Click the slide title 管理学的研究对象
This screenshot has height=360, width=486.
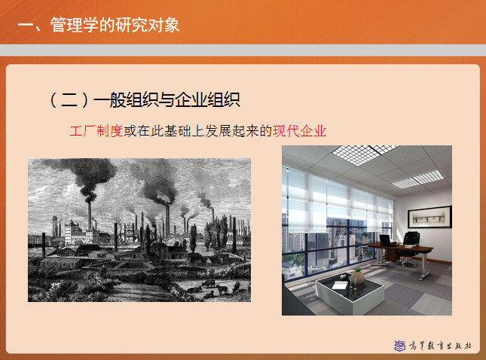tap(115, 25)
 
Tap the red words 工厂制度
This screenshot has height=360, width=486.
tap(96, 131)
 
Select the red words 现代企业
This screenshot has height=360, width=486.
tap(299, 131)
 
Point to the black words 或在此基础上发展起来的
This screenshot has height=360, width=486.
tap(197, 131)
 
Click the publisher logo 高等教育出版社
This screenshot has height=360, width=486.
tap(433, 346)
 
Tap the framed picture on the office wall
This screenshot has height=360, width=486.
tap(429, 217)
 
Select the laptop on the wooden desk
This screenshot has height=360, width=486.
tap(386, 240)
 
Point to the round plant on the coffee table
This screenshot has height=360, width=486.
tap(358, 276)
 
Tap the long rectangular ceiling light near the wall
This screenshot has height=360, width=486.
tap(418, 179)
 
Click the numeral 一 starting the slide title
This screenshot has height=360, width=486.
tap(26, 26)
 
